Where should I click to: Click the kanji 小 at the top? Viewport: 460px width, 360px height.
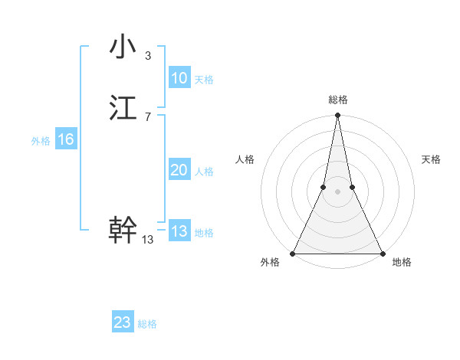click(x=123, y=47)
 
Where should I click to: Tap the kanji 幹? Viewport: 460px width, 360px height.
click(x=123, y=229)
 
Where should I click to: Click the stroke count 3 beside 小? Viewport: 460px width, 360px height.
click(x=147, y=56)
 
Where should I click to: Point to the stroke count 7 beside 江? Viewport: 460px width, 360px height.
click(x=147, y=116)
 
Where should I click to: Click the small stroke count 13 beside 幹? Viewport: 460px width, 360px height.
click(x=148, y=240)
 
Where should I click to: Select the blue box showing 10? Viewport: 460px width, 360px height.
click(x=179, y=78)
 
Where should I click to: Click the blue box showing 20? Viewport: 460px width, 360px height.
click(x=179, y=171)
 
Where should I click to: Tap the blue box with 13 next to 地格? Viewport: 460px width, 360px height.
click(x=179, y=232)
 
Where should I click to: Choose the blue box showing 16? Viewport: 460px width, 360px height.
click(x=65, y=139)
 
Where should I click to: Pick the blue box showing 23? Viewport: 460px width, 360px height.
click(x=123, y=322)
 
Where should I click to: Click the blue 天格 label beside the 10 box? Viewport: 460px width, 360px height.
click(x=204, y=80)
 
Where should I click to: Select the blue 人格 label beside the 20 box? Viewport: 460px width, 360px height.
click(x=204, y=172)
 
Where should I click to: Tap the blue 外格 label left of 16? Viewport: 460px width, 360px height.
click(x=41, y=141)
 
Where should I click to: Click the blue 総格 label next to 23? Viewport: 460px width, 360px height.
click(x=147, y=324)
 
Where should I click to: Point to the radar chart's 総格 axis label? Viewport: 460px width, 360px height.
click(x=337, y=100)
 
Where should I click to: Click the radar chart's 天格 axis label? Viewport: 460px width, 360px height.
click(x=431, y=159)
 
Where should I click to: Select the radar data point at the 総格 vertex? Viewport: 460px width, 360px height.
click(x=337, y=116)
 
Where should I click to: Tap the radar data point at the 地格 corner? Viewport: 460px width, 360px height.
click(x=382, y=253)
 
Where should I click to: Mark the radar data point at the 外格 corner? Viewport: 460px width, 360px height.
click(x=293, y=253)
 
